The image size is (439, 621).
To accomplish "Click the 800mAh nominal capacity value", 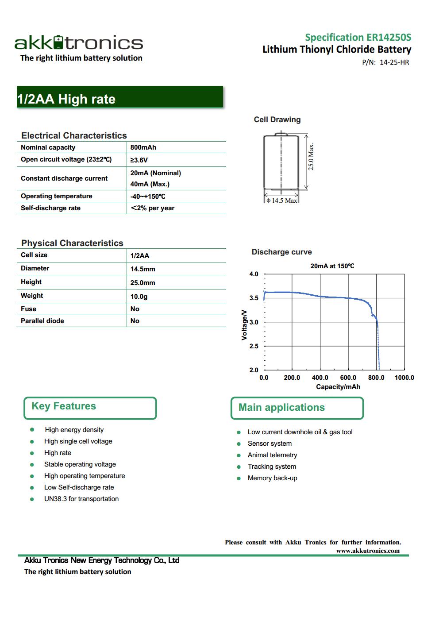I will click(143, 147).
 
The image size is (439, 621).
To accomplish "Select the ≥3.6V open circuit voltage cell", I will click(139, 160).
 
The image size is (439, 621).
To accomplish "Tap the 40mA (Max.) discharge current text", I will click(150, 184).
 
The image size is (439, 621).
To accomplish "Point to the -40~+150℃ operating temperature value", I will click(148, 197).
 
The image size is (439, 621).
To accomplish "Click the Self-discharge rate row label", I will click(50, 208).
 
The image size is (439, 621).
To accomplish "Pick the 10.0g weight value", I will click(139, 297).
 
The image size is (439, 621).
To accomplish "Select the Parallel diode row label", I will click(42, 321).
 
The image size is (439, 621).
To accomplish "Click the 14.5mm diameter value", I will click(142, 269).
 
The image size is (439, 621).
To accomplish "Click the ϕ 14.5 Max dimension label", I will click(281, 201).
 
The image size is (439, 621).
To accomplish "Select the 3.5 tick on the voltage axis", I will click(254, 298).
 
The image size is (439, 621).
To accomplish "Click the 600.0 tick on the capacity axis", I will click(348, 378).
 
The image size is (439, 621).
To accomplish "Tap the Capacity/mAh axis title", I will click(338, 387).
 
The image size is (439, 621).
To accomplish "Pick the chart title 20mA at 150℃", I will click(332, 266).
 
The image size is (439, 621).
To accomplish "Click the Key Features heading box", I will click(90, 408).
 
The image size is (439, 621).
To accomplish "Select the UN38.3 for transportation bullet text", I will click(81, 499).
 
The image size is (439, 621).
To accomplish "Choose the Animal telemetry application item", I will click(272, 455).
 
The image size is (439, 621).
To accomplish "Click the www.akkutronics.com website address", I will click(367, 551).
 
